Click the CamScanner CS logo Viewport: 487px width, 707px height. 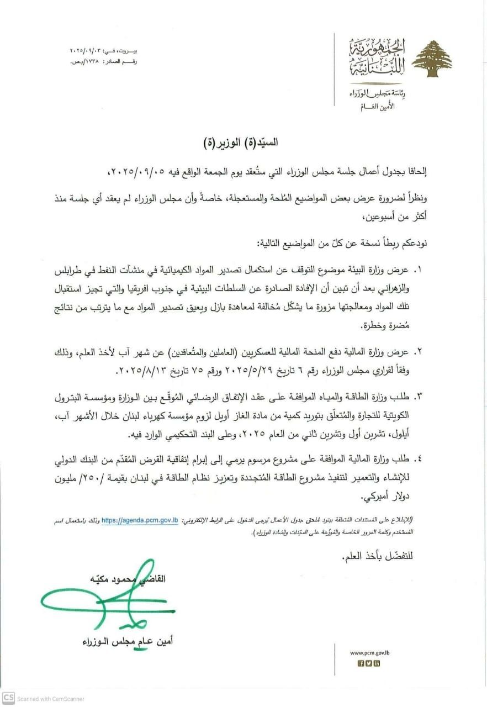point(8,698)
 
